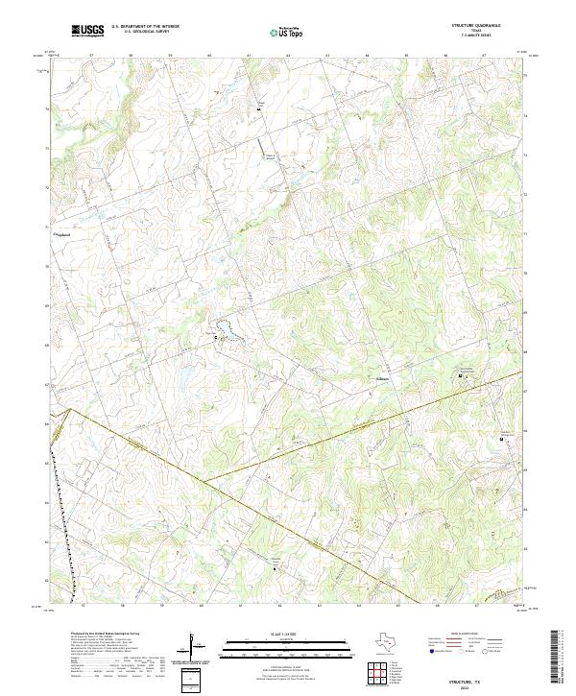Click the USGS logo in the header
(87, 32)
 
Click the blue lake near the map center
(228, 332)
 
